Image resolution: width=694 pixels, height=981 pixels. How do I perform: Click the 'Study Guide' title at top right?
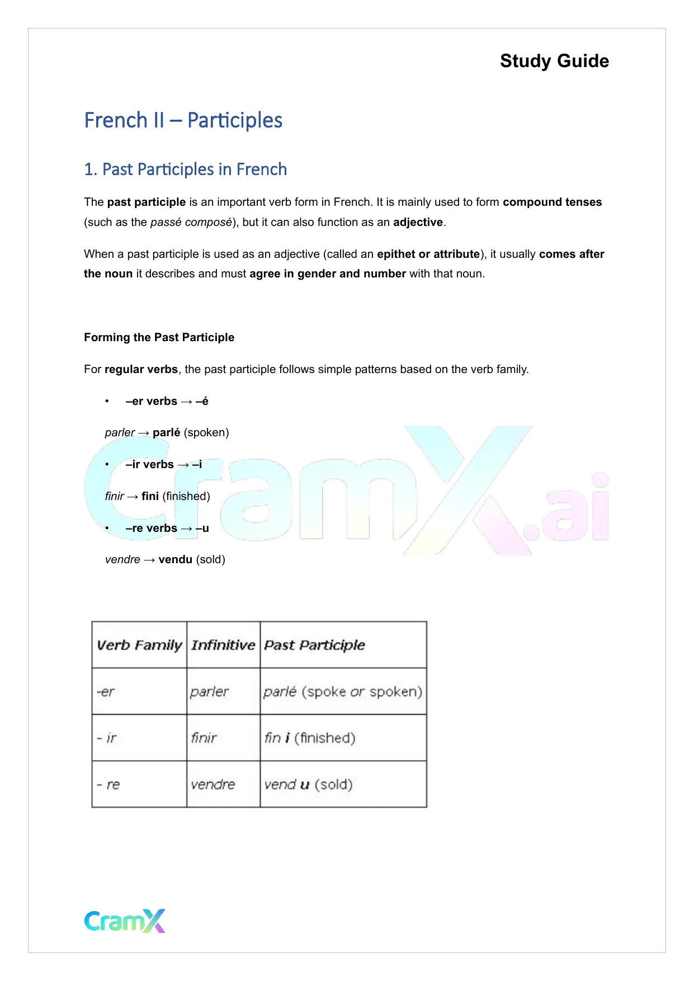(554, 61)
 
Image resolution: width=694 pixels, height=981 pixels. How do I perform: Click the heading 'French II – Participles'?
(183, 120)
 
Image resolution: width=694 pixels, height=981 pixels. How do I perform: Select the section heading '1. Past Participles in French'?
(185, 169)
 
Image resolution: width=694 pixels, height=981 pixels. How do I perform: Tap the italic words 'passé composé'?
(191, 222)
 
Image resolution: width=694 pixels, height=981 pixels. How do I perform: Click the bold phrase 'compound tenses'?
(552, 202)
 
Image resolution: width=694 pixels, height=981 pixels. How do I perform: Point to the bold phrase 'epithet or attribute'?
(428, 254)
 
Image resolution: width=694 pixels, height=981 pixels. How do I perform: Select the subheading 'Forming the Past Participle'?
(159, 337)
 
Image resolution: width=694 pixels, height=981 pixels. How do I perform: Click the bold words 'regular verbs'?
(141, 369)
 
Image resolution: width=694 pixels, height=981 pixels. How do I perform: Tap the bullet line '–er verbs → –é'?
(167, 401)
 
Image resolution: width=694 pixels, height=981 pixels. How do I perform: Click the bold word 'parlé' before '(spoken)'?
(166, 432)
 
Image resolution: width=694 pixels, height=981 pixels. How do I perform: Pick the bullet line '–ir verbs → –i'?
(163, 464)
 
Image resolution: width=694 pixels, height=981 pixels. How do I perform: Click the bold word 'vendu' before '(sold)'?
(175, 559)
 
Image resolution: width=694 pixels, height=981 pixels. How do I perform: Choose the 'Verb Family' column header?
(139, 645)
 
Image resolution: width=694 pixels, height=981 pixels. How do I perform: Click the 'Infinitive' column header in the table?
(223, 645)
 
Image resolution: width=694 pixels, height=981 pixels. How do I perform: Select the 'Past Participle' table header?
(314, 645)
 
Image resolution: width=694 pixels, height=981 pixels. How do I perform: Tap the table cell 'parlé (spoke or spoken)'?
(343, 692)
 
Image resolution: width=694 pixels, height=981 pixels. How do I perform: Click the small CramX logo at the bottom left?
(125, 921)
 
